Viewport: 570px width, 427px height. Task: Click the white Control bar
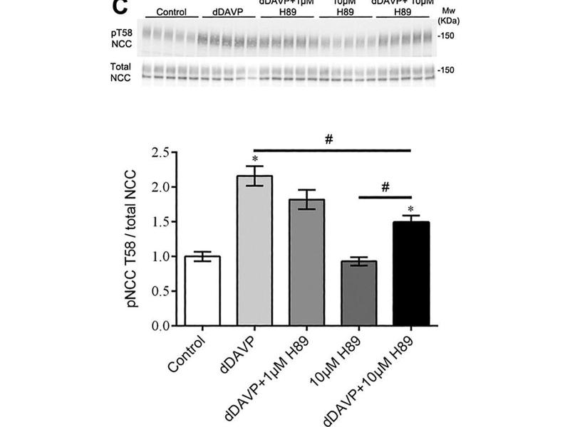[202, 290]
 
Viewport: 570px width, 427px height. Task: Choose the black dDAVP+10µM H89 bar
[411, 273]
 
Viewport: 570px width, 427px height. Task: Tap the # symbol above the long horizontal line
[328, 140]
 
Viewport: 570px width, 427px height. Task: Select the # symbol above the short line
[385, 186]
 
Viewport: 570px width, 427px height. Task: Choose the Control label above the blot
[171, 12]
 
